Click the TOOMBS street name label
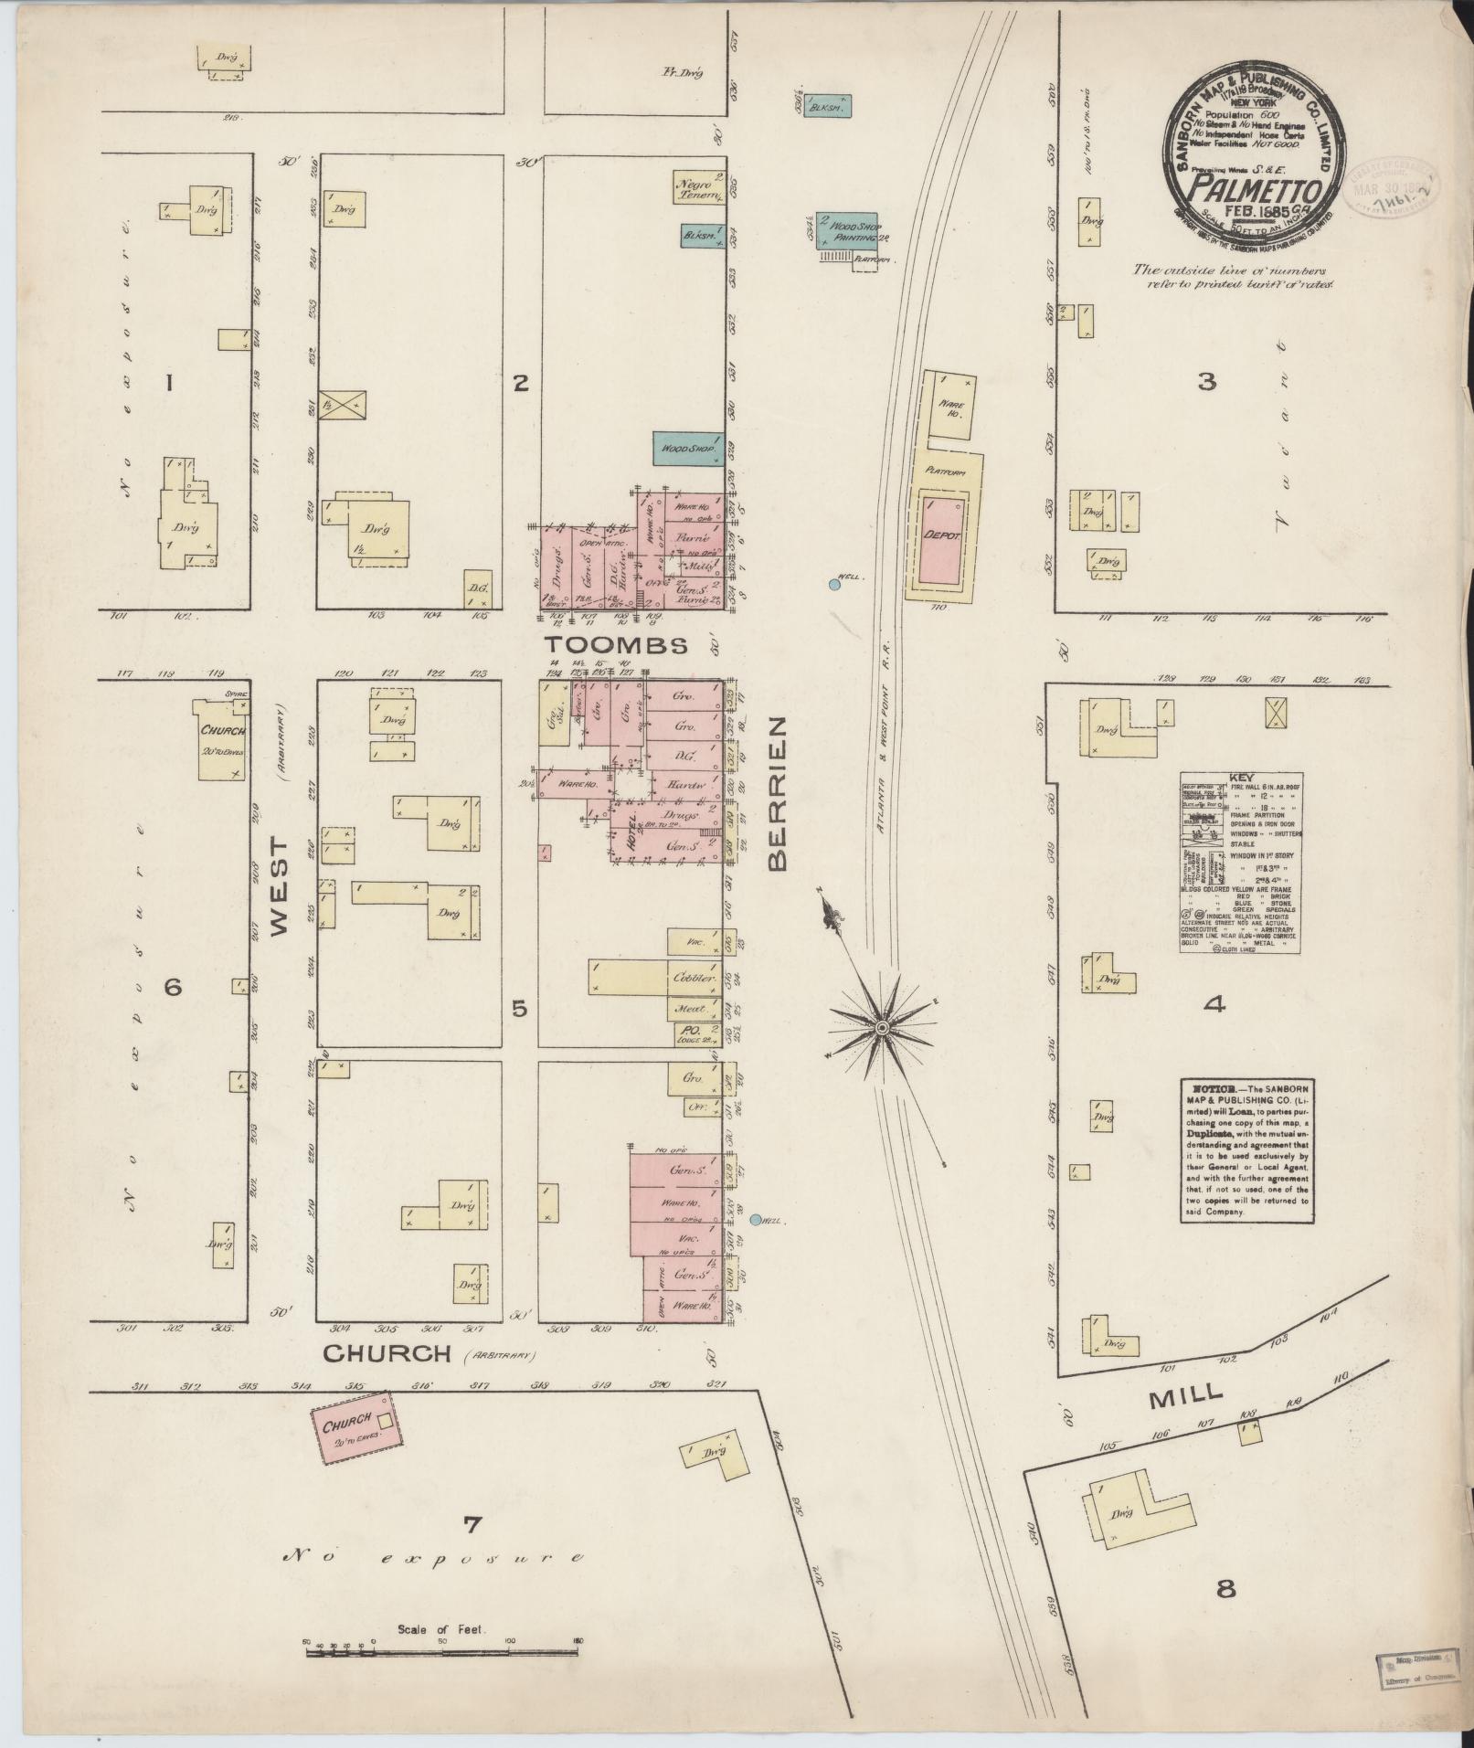tap(617, 646)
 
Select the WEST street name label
tap(279, 896)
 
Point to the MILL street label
tap(1186, 1393)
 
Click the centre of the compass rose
tap(882, 1029)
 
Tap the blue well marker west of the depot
tap(833, 584)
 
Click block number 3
tap(1207, 383)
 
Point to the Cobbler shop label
tap(694, 978)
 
